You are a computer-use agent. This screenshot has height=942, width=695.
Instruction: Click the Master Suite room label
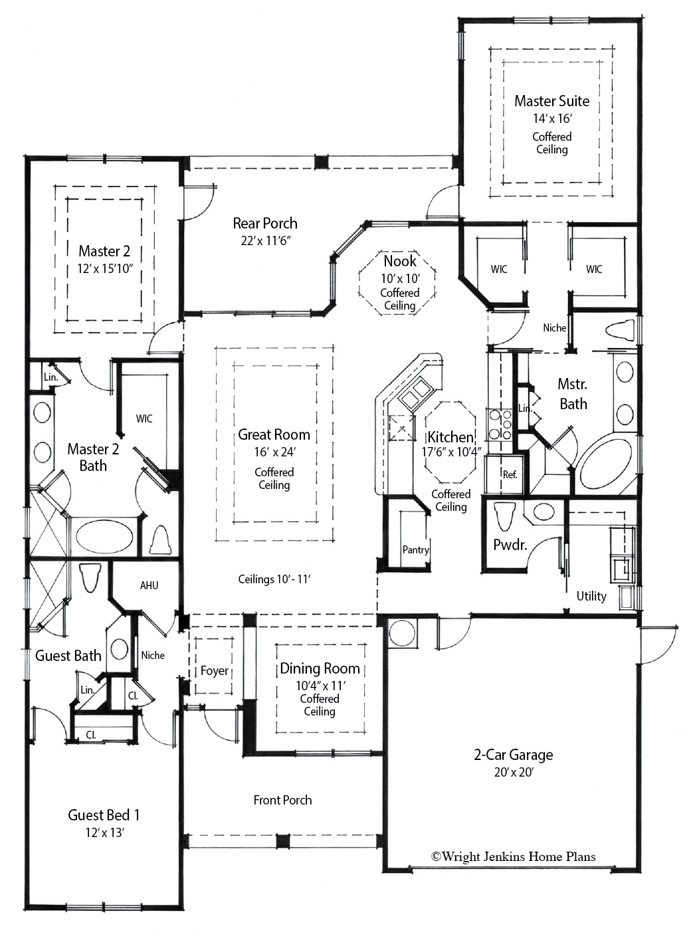tap(551, 101)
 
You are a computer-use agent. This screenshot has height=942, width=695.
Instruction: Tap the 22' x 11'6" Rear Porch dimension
tap(265, 240)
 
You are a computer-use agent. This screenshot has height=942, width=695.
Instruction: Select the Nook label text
tap(400, 261)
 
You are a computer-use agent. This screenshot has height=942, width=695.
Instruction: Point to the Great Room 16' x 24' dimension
tap(274, 452)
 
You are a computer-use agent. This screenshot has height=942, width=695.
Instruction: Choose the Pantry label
tap(415, 549)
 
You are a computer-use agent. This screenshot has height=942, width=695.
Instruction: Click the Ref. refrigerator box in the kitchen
tap(509, 474)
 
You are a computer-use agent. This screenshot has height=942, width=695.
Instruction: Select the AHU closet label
tap(149, 585)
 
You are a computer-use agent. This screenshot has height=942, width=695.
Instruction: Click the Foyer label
tap(214, 671)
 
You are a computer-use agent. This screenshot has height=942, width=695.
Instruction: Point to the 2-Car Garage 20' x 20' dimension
tap(513, 773)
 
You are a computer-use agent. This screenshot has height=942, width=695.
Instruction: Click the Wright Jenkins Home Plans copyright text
tap(513, 857)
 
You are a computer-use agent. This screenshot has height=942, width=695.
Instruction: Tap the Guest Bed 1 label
tap(104, 815)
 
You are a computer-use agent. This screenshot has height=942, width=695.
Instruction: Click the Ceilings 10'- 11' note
tap(274, 579)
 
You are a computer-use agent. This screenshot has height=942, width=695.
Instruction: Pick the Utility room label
tap(591, 596)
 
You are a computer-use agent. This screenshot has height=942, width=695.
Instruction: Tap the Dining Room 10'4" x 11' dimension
tap(320, 686)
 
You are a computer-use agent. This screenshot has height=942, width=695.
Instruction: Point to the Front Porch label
tap(282, 800)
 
